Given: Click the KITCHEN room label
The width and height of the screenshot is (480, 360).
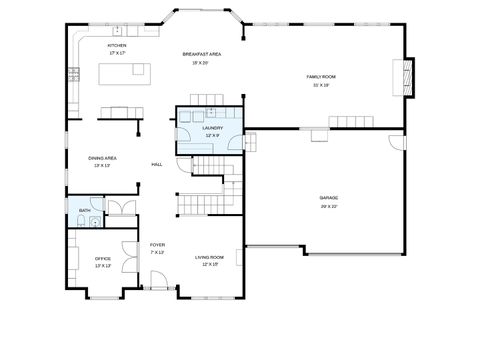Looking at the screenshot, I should click(117, 45).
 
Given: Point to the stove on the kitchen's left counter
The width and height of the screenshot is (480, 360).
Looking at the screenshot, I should click(73, 72).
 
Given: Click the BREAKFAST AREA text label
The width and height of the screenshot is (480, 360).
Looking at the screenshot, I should click(201, 53).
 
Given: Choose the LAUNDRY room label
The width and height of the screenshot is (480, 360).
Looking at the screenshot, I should click(212, 128).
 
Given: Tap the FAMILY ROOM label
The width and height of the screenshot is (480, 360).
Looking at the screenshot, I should click(321, 76).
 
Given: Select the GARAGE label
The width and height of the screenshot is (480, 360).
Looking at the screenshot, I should click(329, 198).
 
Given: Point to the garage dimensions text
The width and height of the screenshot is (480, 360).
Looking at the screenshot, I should click(329, 206).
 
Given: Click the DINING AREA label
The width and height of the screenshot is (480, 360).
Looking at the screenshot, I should click(102, 158).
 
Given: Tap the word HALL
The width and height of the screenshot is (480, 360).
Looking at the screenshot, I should click(157, 164).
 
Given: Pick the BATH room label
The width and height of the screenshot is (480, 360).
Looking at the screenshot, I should click(84, 210).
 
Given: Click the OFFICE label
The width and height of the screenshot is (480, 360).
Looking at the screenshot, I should click(102, 259).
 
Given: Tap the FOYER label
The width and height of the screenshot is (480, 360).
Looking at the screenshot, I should click(157, 245).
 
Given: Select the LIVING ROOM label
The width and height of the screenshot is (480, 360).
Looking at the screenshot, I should click(209, 258).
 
